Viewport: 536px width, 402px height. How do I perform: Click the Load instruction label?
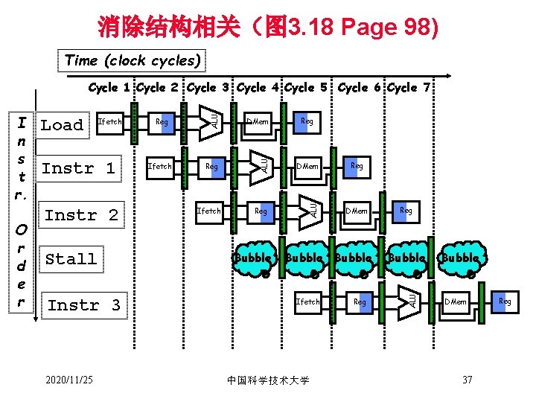tap(62, 125)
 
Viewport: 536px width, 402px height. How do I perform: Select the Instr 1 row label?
tap(78, 168)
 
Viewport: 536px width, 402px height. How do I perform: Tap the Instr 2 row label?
tap(81, 215)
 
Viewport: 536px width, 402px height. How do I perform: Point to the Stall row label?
tap(71, 259)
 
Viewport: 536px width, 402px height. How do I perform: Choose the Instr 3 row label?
tap(83, 305)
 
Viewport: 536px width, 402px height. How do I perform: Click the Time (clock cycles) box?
tap(133, 60)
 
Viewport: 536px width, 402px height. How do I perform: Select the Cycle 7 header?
tap(408, 88)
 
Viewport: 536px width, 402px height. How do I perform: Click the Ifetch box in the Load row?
tap(110, 121)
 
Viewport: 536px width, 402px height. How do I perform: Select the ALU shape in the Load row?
tap(211, 118)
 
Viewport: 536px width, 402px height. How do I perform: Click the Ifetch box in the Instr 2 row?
tap(208, 211)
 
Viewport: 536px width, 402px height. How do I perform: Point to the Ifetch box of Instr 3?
tap(307, 301)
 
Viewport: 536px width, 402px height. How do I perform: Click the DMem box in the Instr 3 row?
tap(455, 301)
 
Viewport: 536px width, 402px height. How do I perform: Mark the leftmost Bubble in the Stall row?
tap(253, 258)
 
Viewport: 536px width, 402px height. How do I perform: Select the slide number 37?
tap(468, 380)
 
